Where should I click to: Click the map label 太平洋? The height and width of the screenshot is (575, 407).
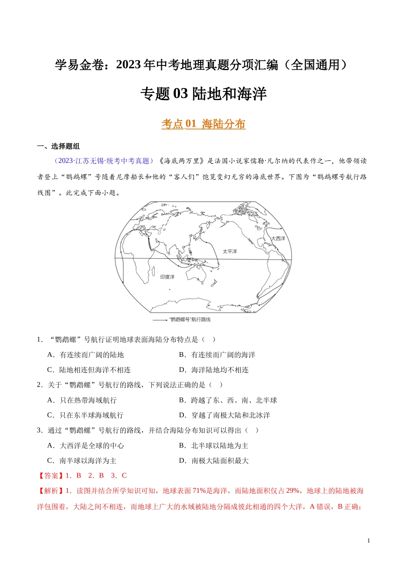pyautogui.click(x=230, y=252)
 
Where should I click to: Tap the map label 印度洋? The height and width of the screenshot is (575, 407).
pyautogui.click(x=167, y=277)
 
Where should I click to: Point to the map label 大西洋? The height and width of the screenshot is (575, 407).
pyautogui.click(x=278, y=238)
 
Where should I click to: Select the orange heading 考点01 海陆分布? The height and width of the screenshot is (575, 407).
pyautogui.click(x=203, y=124)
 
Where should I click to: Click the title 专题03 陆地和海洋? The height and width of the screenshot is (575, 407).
pyautogui.click(x=203, y=94)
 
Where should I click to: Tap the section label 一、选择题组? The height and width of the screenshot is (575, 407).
pyautogui.click(x=59, y=146)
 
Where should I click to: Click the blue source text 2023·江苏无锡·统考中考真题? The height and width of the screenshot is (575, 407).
pyautogui.click(x=103, y=161)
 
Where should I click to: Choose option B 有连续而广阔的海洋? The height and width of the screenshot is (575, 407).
pyautogui.click(x=217, y=355)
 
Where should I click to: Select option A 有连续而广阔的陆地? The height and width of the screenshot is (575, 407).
pyautogui.click(x=85, y=355)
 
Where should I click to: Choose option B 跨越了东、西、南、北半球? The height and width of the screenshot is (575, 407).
pyautogui.click(x=227, y=400)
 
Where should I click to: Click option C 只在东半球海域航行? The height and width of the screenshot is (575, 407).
pyautogui.click(x=85, y=415)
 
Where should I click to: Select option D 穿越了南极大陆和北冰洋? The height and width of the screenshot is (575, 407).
pyautogui.click(x=224, y=415)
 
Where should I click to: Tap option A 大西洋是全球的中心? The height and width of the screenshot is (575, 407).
pyautogui.click(x=85, y=445)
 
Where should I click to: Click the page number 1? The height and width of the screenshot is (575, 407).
pyautogui.click(x=368, y=541)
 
